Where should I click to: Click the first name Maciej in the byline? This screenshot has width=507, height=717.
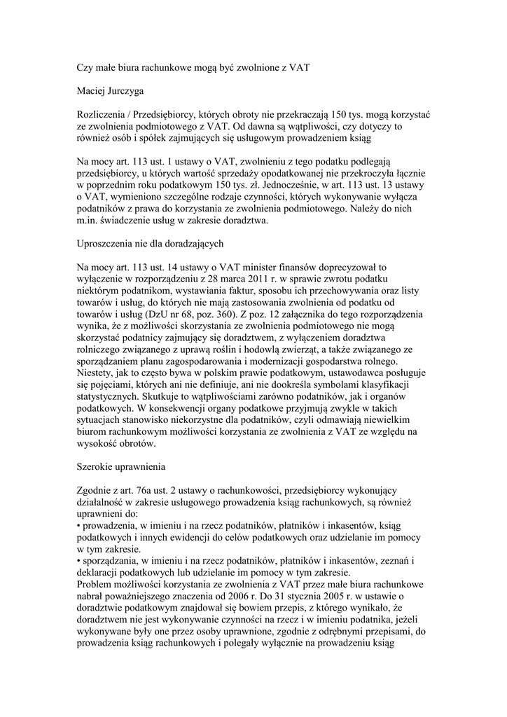93,90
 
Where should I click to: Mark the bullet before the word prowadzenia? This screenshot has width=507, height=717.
78,524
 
